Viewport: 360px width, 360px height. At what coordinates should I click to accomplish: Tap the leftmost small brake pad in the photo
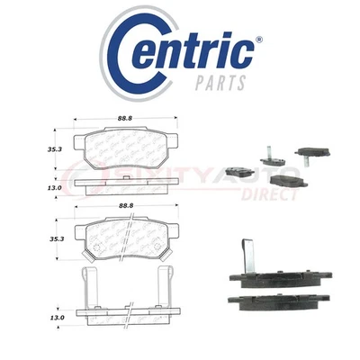[x=240, y=168]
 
